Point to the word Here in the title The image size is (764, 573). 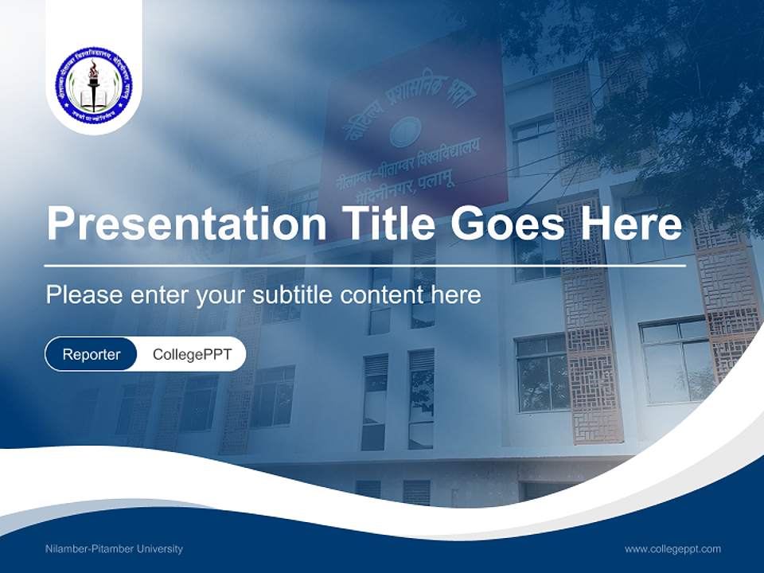tap(631, 224)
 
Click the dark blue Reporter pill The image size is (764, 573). tap(92, 354)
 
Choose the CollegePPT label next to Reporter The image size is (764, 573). tap(192, 354)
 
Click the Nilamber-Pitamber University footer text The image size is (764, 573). tap(114, 549)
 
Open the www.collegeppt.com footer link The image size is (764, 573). tap(672, 549)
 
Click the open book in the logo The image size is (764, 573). tap(93, 98)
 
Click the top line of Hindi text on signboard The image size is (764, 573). tap(406, 99)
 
